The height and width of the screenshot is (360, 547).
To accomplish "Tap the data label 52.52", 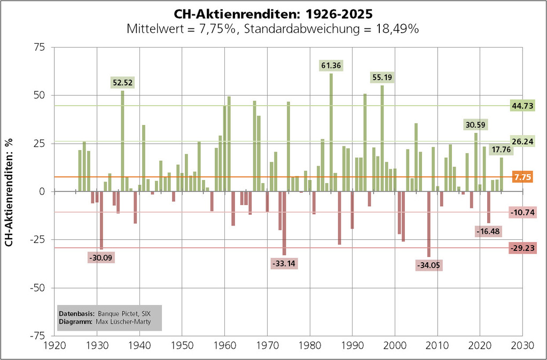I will click(122, 82).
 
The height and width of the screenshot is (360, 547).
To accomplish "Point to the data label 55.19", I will click(382, 77).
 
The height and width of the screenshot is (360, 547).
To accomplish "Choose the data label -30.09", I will click(101, 257).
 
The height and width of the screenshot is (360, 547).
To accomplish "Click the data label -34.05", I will click(428, 264).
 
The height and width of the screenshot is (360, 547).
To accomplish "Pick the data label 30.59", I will click(475, 124).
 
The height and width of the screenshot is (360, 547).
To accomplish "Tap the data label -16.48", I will click(487, 231).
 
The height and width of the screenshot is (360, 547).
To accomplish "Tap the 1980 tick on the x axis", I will click(309, 346).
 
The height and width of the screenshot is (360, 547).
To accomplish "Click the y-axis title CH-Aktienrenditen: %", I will click(10, 191).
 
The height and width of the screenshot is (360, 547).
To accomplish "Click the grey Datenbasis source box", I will click(109, 318).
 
